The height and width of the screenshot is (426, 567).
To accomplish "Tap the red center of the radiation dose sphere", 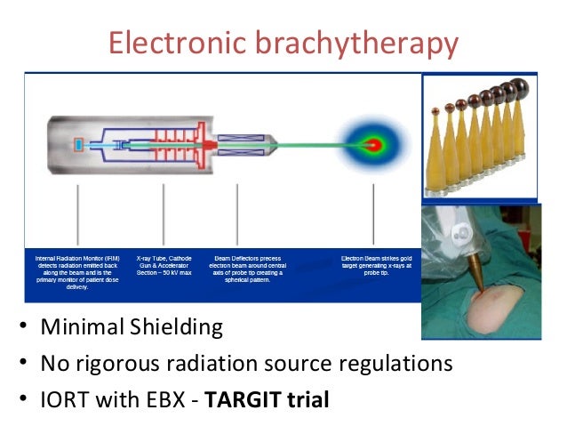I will tap(375, 143).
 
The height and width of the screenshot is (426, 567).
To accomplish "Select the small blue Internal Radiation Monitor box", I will tap(79, 144).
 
